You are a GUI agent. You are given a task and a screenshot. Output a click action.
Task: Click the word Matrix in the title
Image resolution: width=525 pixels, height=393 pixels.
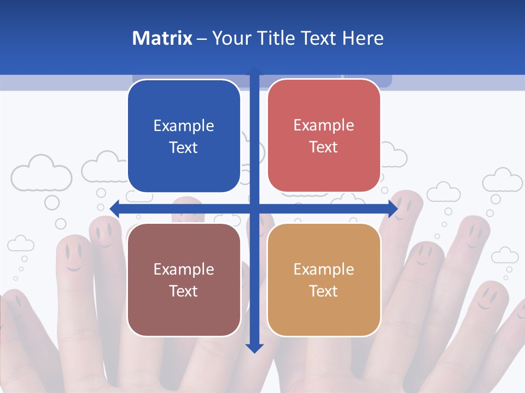pos(162,38)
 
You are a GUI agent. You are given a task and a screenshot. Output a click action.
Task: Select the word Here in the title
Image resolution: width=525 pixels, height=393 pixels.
pos(363,38)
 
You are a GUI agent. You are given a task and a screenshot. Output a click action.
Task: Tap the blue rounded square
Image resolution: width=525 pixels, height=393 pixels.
pos(184,136)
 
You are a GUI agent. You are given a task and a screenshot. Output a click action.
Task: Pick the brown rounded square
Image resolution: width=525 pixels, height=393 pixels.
pos(184,279)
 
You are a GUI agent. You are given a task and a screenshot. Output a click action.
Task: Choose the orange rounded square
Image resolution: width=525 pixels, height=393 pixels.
pos(324,279)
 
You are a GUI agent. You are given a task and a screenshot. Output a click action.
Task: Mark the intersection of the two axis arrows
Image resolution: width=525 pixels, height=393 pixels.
pos(254,208)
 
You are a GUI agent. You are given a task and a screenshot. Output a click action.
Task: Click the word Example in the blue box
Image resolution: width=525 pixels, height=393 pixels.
pos(184,126)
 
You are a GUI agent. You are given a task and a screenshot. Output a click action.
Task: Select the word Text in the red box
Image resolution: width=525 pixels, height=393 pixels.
pos(324,147)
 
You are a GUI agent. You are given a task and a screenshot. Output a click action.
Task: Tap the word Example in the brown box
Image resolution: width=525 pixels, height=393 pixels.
pos(184,269)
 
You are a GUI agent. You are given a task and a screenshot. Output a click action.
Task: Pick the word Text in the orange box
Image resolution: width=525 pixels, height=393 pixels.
pos(324,291)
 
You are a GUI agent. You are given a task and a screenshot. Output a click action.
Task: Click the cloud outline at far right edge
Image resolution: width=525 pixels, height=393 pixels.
pos(503,181)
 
